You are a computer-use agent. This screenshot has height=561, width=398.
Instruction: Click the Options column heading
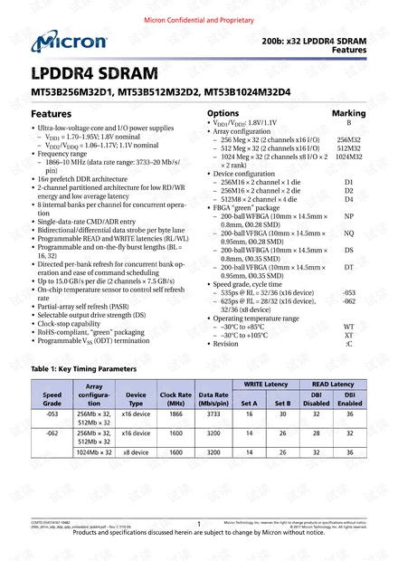coord(223,114)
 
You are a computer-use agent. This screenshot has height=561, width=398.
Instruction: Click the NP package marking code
coord(349,217)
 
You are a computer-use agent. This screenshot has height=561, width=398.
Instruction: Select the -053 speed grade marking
coord(349,294)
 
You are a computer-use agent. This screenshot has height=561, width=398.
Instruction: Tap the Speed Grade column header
coord(52,399)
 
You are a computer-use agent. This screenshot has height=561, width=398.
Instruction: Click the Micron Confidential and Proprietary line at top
coord(198,18)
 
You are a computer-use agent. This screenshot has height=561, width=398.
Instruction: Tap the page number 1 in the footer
coord(198,524)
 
